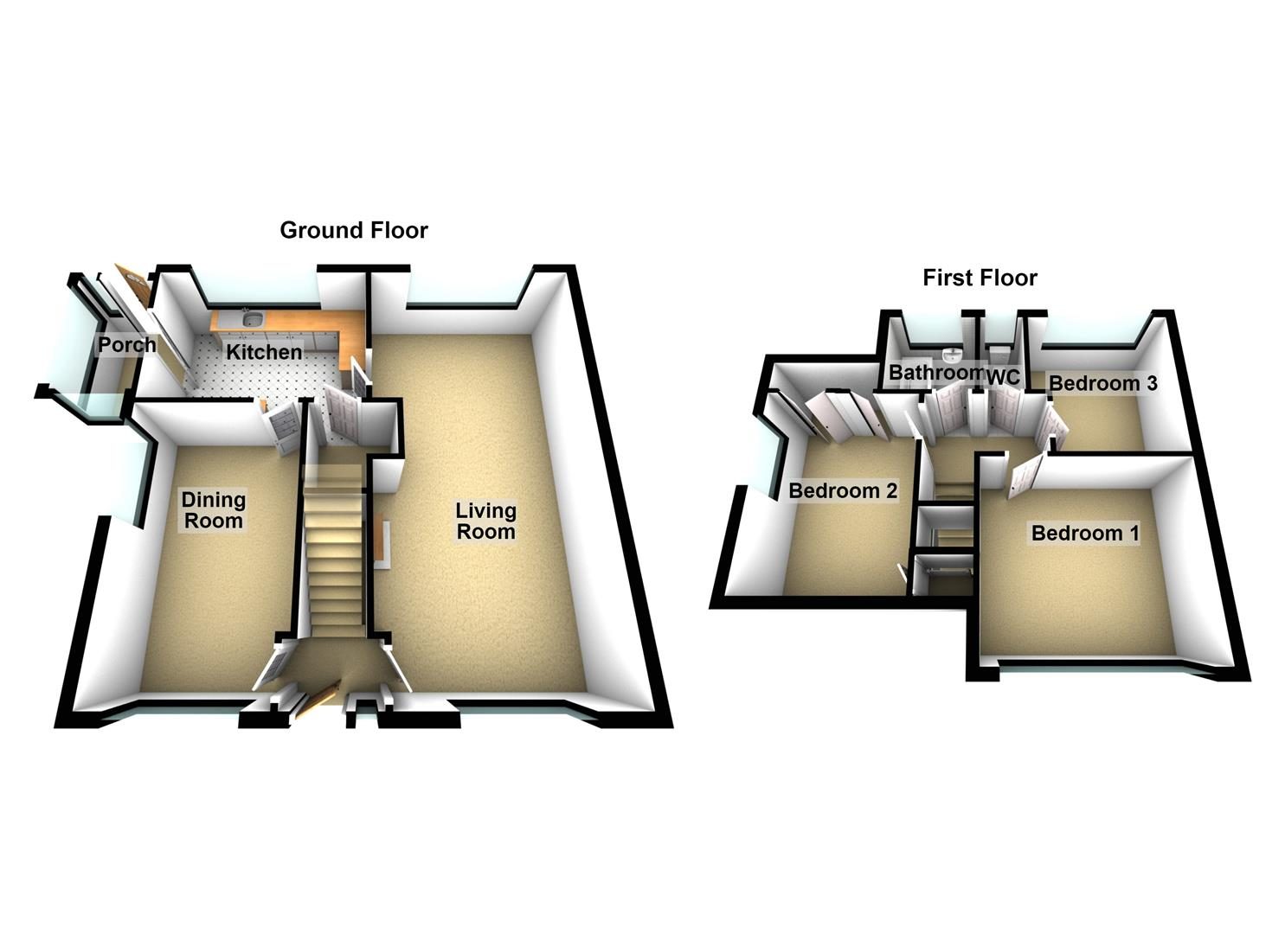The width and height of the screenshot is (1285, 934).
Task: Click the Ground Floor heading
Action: click(353, 231)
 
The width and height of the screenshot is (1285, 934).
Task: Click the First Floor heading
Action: click(980, 278)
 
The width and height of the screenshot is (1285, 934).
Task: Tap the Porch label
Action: click(127, 344)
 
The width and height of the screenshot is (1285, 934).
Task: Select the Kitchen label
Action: click(264, 352)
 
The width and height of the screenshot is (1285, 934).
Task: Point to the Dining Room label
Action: click(214, 510)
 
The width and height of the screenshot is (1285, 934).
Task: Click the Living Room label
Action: click(486, 521)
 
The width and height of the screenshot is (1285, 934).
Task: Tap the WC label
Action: click(1004, 377)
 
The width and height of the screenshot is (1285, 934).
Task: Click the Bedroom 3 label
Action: click(1102, 383)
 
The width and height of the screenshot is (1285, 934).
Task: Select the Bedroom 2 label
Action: click(843, 491)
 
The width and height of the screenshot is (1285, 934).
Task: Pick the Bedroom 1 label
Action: click(1085, 534)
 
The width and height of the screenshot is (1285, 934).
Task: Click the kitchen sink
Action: click(252, 317)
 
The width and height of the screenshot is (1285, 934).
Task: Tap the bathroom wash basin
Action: click(951, 355)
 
